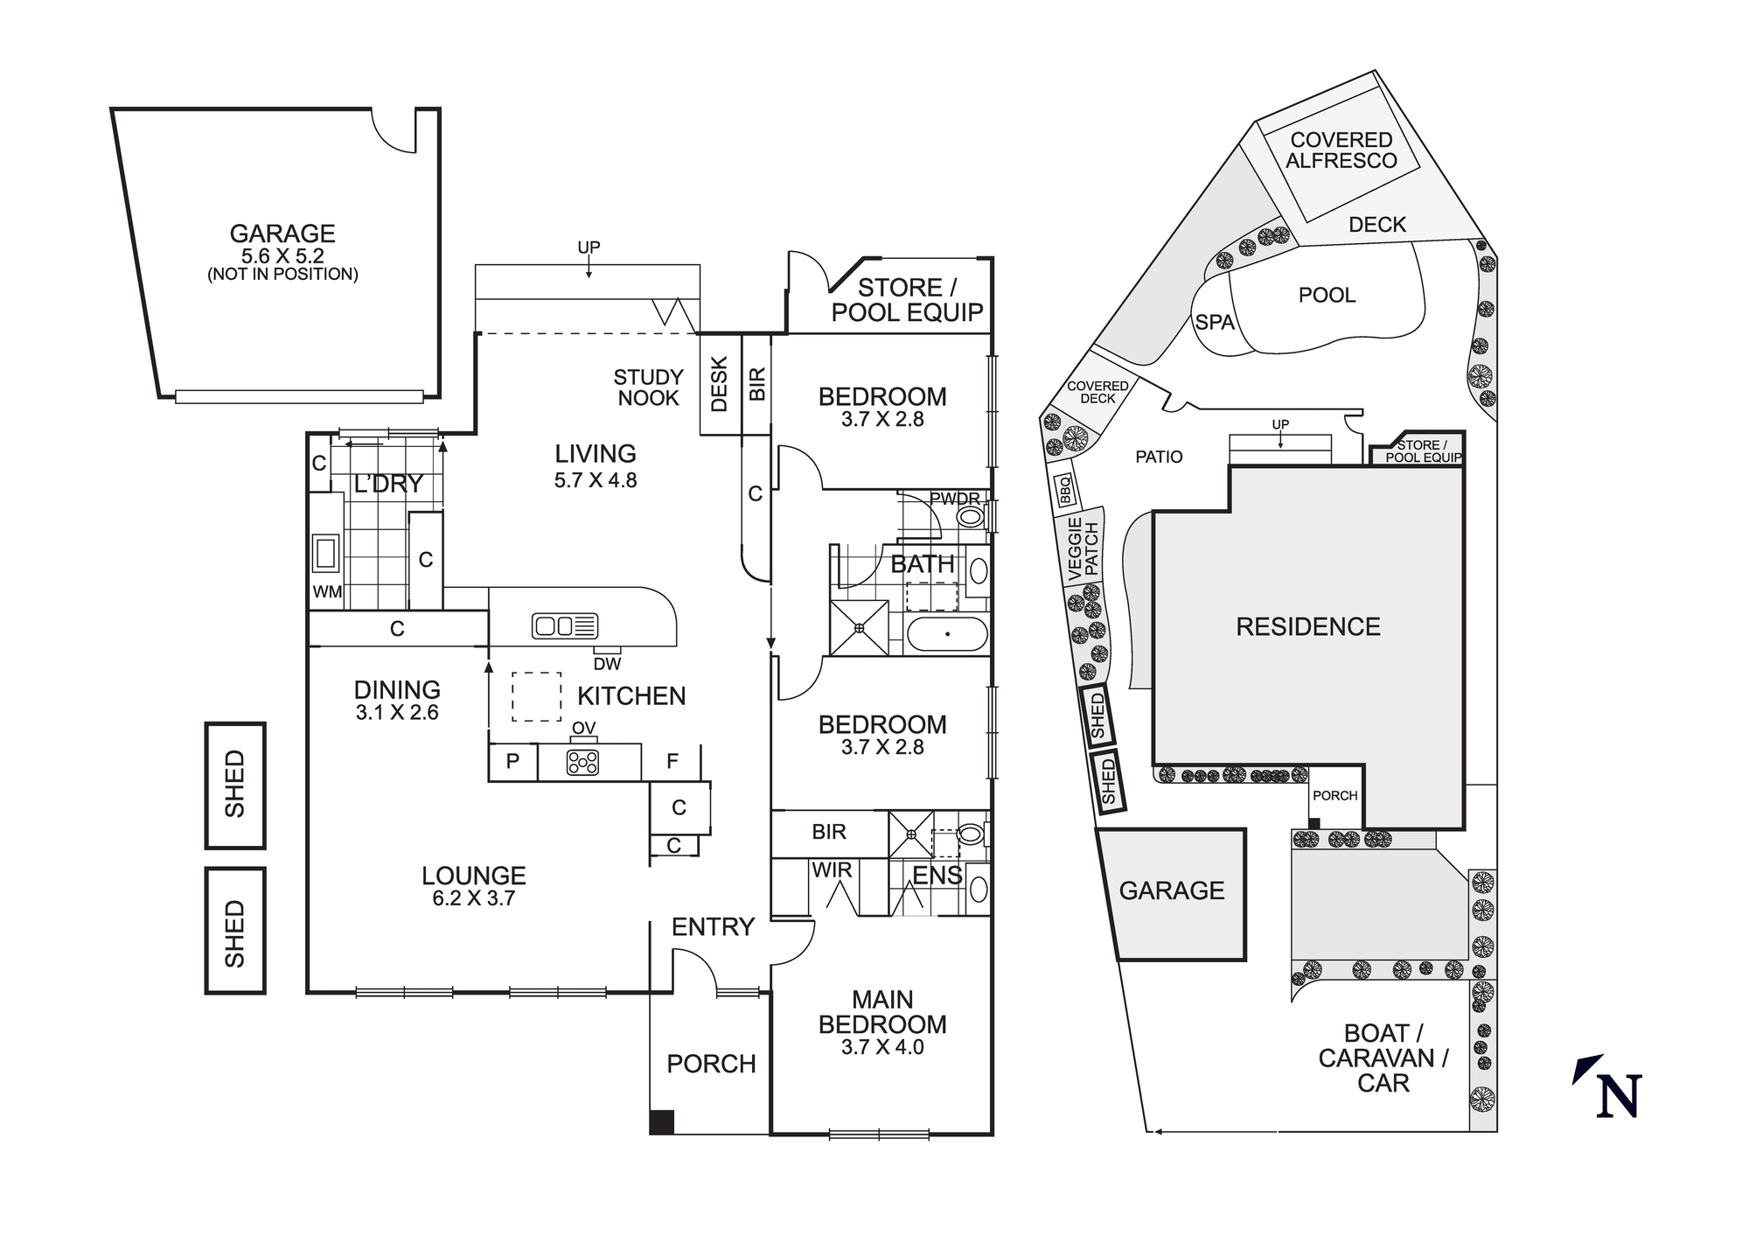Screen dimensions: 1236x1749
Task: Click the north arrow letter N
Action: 1618,1096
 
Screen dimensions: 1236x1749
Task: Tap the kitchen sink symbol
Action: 565,625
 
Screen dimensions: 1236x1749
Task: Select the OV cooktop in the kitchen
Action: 582,762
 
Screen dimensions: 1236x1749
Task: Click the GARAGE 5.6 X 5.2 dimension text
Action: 282,256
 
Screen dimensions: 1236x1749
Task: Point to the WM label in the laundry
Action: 327,592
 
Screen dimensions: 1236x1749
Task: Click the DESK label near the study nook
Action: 720,384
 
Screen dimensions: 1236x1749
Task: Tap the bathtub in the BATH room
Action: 947,633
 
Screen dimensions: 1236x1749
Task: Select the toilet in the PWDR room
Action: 970,516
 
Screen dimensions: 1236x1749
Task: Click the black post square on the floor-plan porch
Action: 662,1122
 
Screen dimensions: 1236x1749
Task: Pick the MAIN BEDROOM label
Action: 882,1012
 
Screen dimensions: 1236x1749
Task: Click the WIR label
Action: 831,870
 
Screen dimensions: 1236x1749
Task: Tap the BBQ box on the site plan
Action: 1064,490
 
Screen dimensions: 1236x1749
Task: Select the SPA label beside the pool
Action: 1215,323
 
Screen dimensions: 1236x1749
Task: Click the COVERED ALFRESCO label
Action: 1341,150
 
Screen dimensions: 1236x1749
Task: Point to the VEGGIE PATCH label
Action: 1083,548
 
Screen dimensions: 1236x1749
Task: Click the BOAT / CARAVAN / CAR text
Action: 1383,1058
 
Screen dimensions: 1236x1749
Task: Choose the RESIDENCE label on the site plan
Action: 1308,626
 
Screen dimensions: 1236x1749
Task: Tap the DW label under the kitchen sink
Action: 607,664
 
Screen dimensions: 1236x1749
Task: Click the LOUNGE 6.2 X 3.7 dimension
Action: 473,898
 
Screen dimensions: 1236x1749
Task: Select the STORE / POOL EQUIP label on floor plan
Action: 907,300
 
